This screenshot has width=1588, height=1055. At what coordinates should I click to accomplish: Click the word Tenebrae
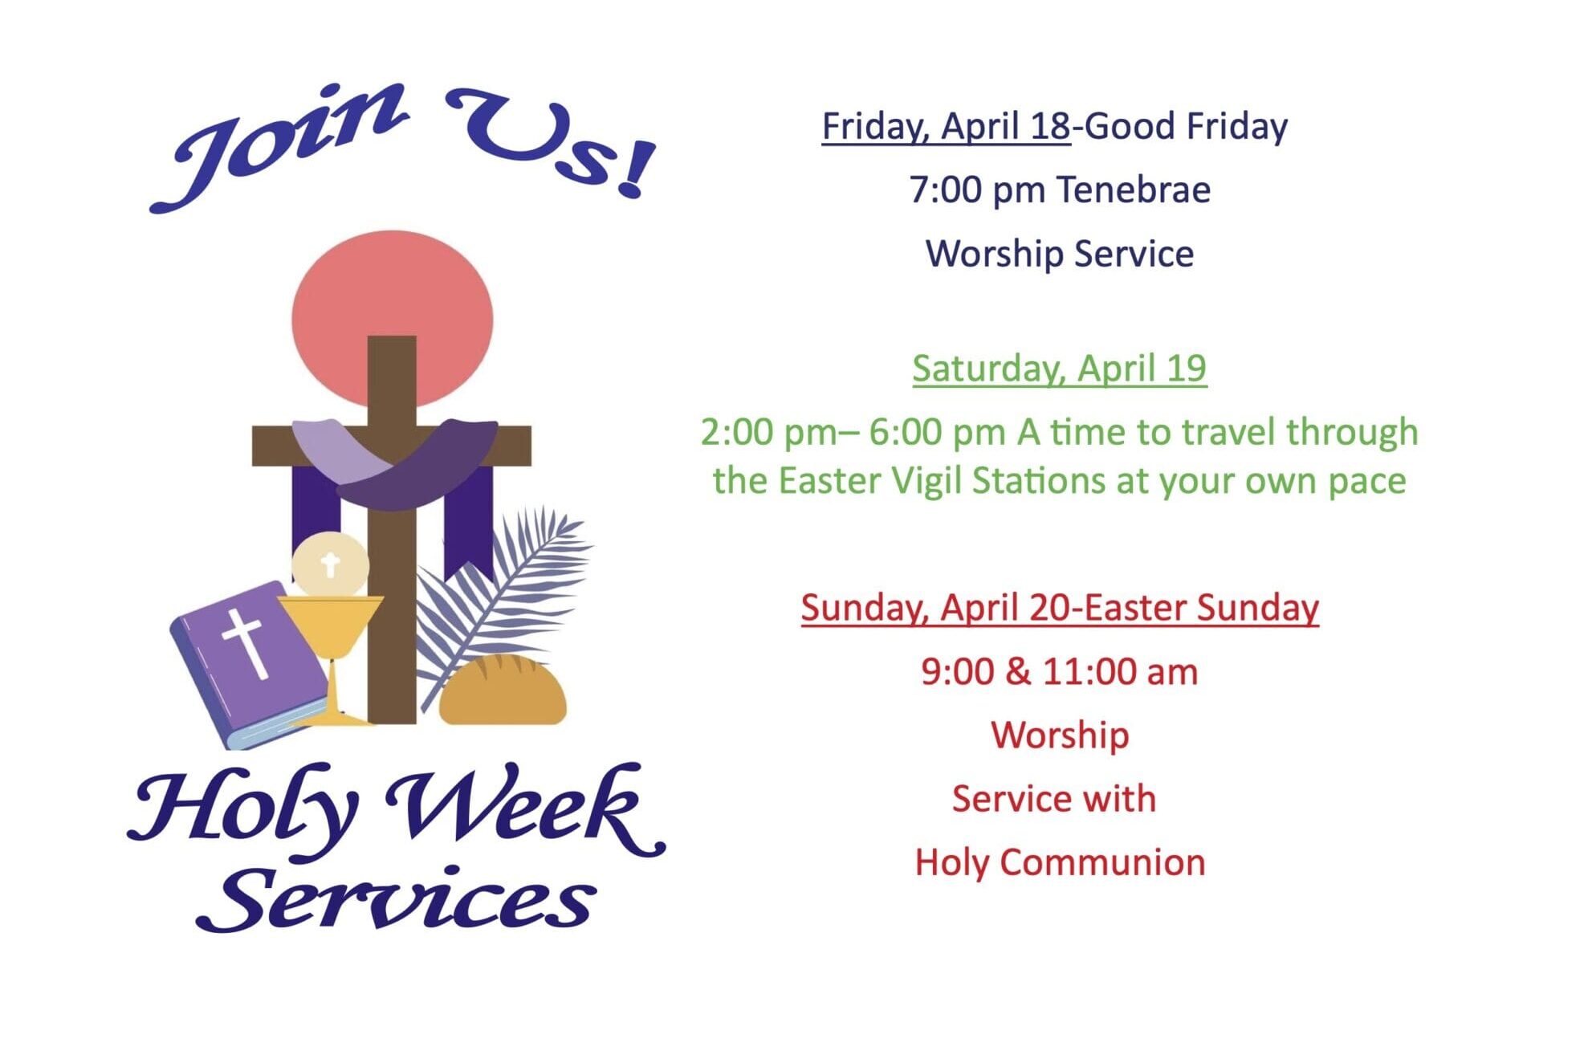(1133, 190)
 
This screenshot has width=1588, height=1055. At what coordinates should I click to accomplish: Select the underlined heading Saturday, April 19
(1059, 369)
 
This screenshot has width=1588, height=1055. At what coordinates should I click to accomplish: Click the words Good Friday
(1186, 127)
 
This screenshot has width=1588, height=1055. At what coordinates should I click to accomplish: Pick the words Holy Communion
(1060, 863)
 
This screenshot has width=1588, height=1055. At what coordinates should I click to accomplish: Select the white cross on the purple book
(246, 642)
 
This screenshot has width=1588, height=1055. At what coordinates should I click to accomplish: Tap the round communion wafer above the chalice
(330, 565)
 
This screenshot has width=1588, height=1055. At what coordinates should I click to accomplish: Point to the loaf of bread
(503, 690)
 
